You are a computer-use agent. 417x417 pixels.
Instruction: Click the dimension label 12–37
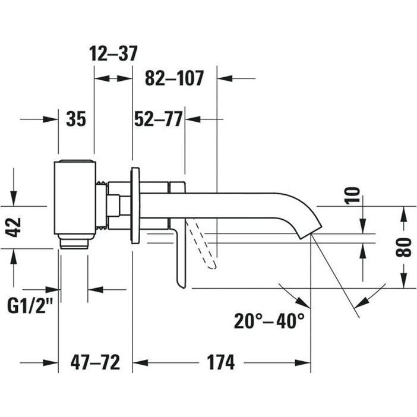[113, 53]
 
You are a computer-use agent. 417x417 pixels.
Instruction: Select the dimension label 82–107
[174, 78]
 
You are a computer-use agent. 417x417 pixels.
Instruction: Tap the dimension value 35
[76, 119]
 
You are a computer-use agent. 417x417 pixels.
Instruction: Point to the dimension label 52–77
[158, 119]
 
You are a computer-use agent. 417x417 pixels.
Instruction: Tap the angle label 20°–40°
[269, 321]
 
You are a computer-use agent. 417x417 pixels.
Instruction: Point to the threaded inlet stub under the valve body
[75, 242]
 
